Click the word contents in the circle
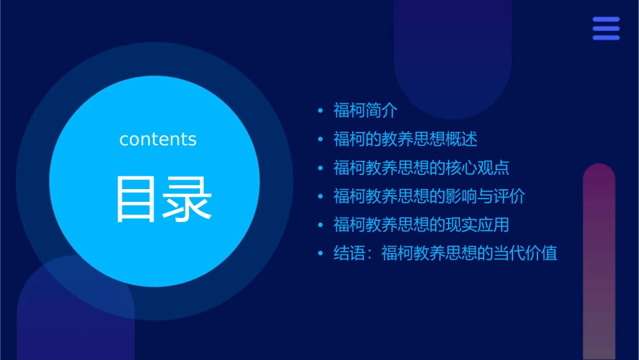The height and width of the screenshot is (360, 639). tap(158, 139)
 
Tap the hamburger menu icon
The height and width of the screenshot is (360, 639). tap(606, 28)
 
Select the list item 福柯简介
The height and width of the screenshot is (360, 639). tap(365, 110)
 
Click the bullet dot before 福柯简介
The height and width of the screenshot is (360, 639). tap(321, 110)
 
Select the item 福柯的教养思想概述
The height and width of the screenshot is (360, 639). tap(405, 139)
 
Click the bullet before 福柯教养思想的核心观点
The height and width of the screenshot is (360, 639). tap(321, 168)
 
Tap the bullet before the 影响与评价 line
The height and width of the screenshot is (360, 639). tap(321, 196)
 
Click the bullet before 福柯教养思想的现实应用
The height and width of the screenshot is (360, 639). tap(321, 225)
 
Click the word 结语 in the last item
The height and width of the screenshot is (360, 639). tap(349, 254)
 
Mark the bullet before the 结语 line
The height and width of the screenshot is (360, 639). tap(321, 254)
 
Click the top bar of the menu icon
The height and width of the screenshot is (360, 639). tap(606, 20)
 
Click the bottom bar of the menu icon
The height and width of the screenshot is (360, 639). tap(606, 38)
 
